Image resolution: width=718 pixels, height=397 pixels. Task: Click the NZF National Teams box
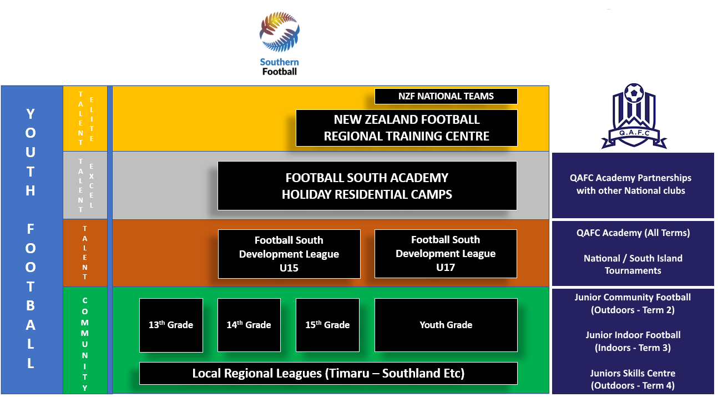point(446,96)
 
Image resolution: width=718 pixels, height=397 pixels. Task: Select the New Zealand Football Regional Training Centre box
point(406,128)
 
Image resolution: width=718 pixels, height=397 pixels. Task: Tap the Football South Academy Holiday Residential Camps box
point(367,186)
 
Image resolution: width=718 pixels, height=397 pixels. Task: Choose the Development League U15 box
point(289,254)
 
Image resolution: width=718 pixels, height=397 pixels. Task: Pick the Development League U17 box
point(446,254)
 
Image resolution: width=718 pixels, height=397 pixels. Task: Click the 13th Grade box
point(171,325)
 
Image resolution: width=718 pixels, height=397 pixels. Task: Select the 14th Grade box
point(249,325)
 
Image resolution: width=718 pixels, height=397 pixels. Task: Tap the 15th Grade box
point(327,325)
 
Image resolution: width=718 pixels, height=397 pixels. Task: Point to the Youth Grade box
point(446,325)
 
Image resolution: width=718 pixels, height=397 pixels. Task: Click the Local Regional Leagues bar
point(328,373)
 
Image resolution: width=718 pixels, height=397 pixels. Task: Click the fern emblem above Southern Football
point(280,32)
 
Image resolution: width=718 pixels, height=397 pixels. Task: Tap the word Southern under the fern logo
point(279,62)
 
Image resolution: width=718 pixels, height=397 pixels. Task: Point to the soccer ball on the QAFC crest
point(634,93)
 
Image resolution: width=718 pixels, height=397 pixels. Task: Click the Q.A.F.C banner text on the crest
point(634,133)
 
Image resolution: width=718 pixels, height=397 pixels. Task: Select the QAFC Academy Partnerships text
point(630,184)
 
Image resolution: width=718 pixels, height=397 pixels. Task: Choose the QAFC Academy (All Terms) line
point(633,233)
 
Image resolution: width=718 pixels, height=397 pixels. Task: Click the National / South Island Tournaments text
point(633,264)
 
